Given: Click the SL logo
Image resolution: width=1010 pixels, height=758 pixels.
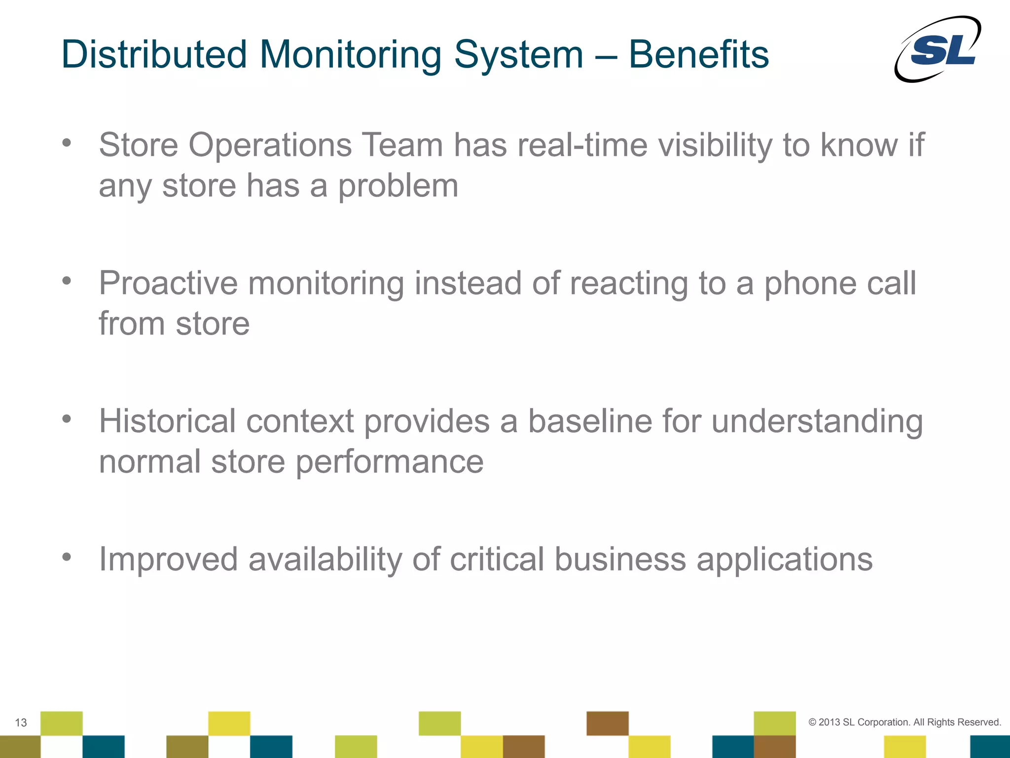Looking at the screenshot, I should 938,49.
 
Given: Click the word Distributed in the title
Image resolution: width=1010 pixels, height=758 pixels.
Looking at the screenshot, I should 154,54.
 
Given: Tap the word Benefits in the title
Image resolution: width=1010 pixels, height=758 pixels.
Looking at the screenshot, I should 699,54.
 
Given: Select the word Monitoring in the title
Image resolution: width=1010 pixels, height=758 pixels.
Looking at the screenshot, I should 350,55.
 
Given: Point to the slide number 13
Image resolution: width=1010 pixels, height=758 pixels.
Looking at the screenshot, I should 21,722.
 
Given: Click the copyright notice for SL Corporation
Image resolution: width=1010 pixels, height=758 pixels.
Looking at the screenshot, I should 904,722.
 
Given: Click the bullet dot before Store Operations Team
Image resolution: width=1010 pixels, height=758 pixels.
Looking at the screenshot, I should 67,143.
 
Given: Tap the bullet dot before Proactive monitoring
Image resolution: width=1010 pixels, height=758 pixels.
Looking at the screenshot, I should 67,281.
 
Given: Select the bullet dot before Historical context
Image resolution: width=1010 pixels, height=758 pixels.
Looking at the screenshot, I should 67,419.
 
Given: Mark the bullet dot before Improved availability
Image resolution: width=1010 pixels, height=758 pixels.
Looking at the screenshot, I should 67,557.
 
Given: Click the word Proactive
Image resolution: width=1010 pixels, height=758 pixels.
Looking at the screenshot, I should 168,284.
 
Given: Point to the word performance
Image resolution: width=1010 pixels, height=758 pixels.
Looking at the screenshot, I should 390,463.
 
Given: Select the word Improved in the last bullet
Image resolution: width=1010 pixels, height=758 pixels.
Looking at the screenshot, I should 168,560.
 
